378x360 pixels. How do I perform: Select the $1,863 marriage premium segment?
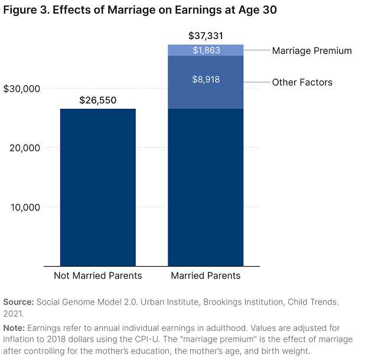click(206, 50)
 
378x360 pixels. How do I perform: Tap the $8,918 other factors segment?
click(206, 82)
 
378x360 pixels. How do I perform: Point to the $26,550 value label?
click(98, 100)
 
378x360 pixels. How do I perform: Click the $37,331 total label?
click(206, 36)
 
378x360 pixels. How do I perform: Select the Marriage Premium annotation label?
click(311, 51)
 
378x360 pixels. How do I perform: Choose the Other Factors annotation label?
click(302, 82)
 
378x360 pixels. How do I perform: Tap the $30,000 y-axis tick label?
click(22, 89)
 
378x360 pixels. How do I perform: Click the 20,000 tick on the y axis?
click(25, 148)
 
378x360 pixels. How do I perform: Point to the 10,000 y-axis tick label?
click(25, 207)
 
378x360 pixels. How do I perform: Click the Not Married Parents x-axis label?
click(98, 276)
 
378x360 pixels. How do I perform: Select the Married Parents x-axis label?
click(206, 276)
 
